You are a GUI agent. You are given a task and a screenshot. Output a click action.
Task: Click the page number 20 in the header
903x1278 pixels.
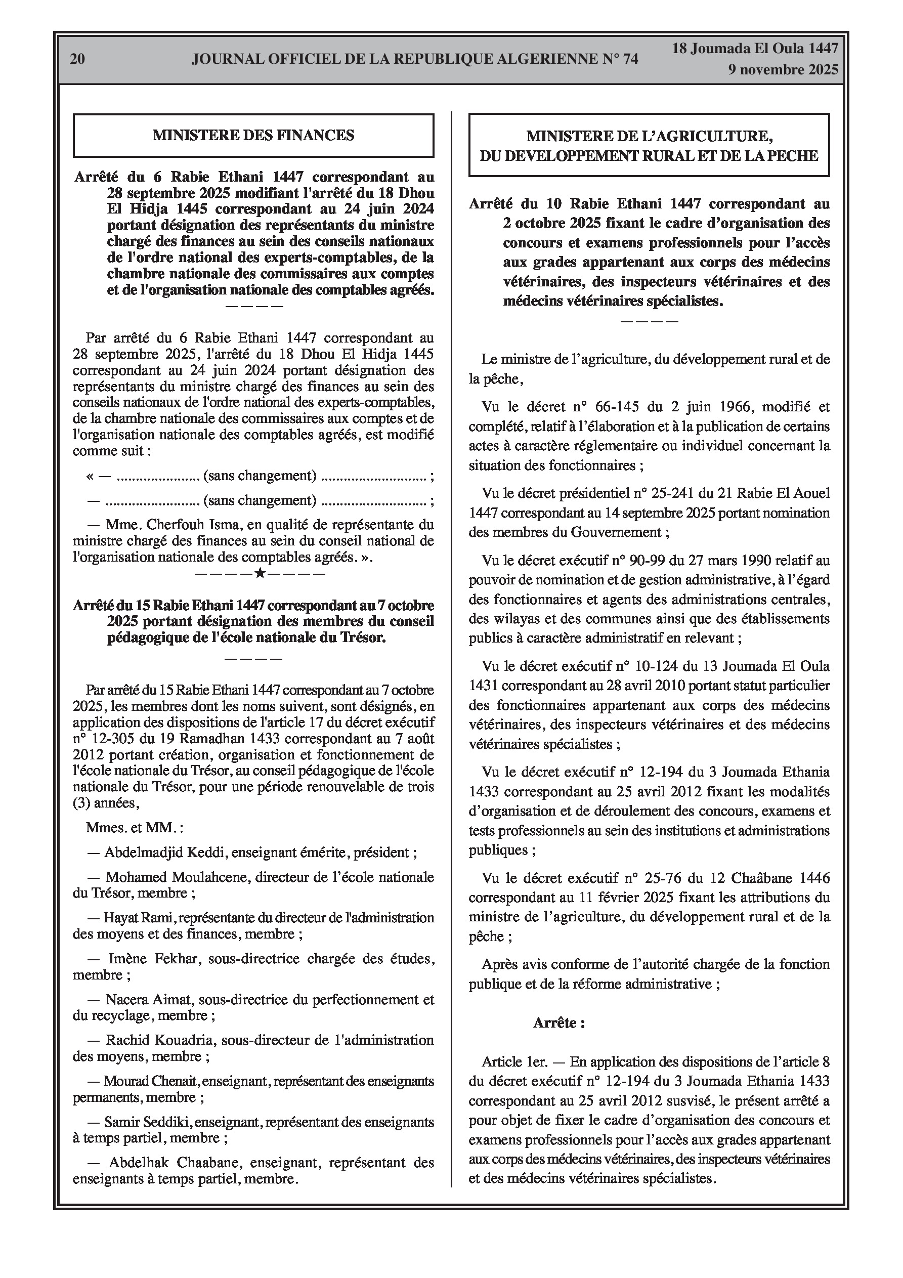pyautogui.click(x=77, y=59)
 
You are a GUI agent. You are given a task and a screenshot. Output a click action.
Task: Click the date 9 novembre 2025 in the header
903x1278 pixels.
pyautogui.click(x=783, y=70)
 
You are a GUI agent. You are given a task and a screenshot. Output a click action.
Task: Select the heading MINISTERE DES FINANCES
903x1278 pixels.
pyautogui.click(x=253, y=135)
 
